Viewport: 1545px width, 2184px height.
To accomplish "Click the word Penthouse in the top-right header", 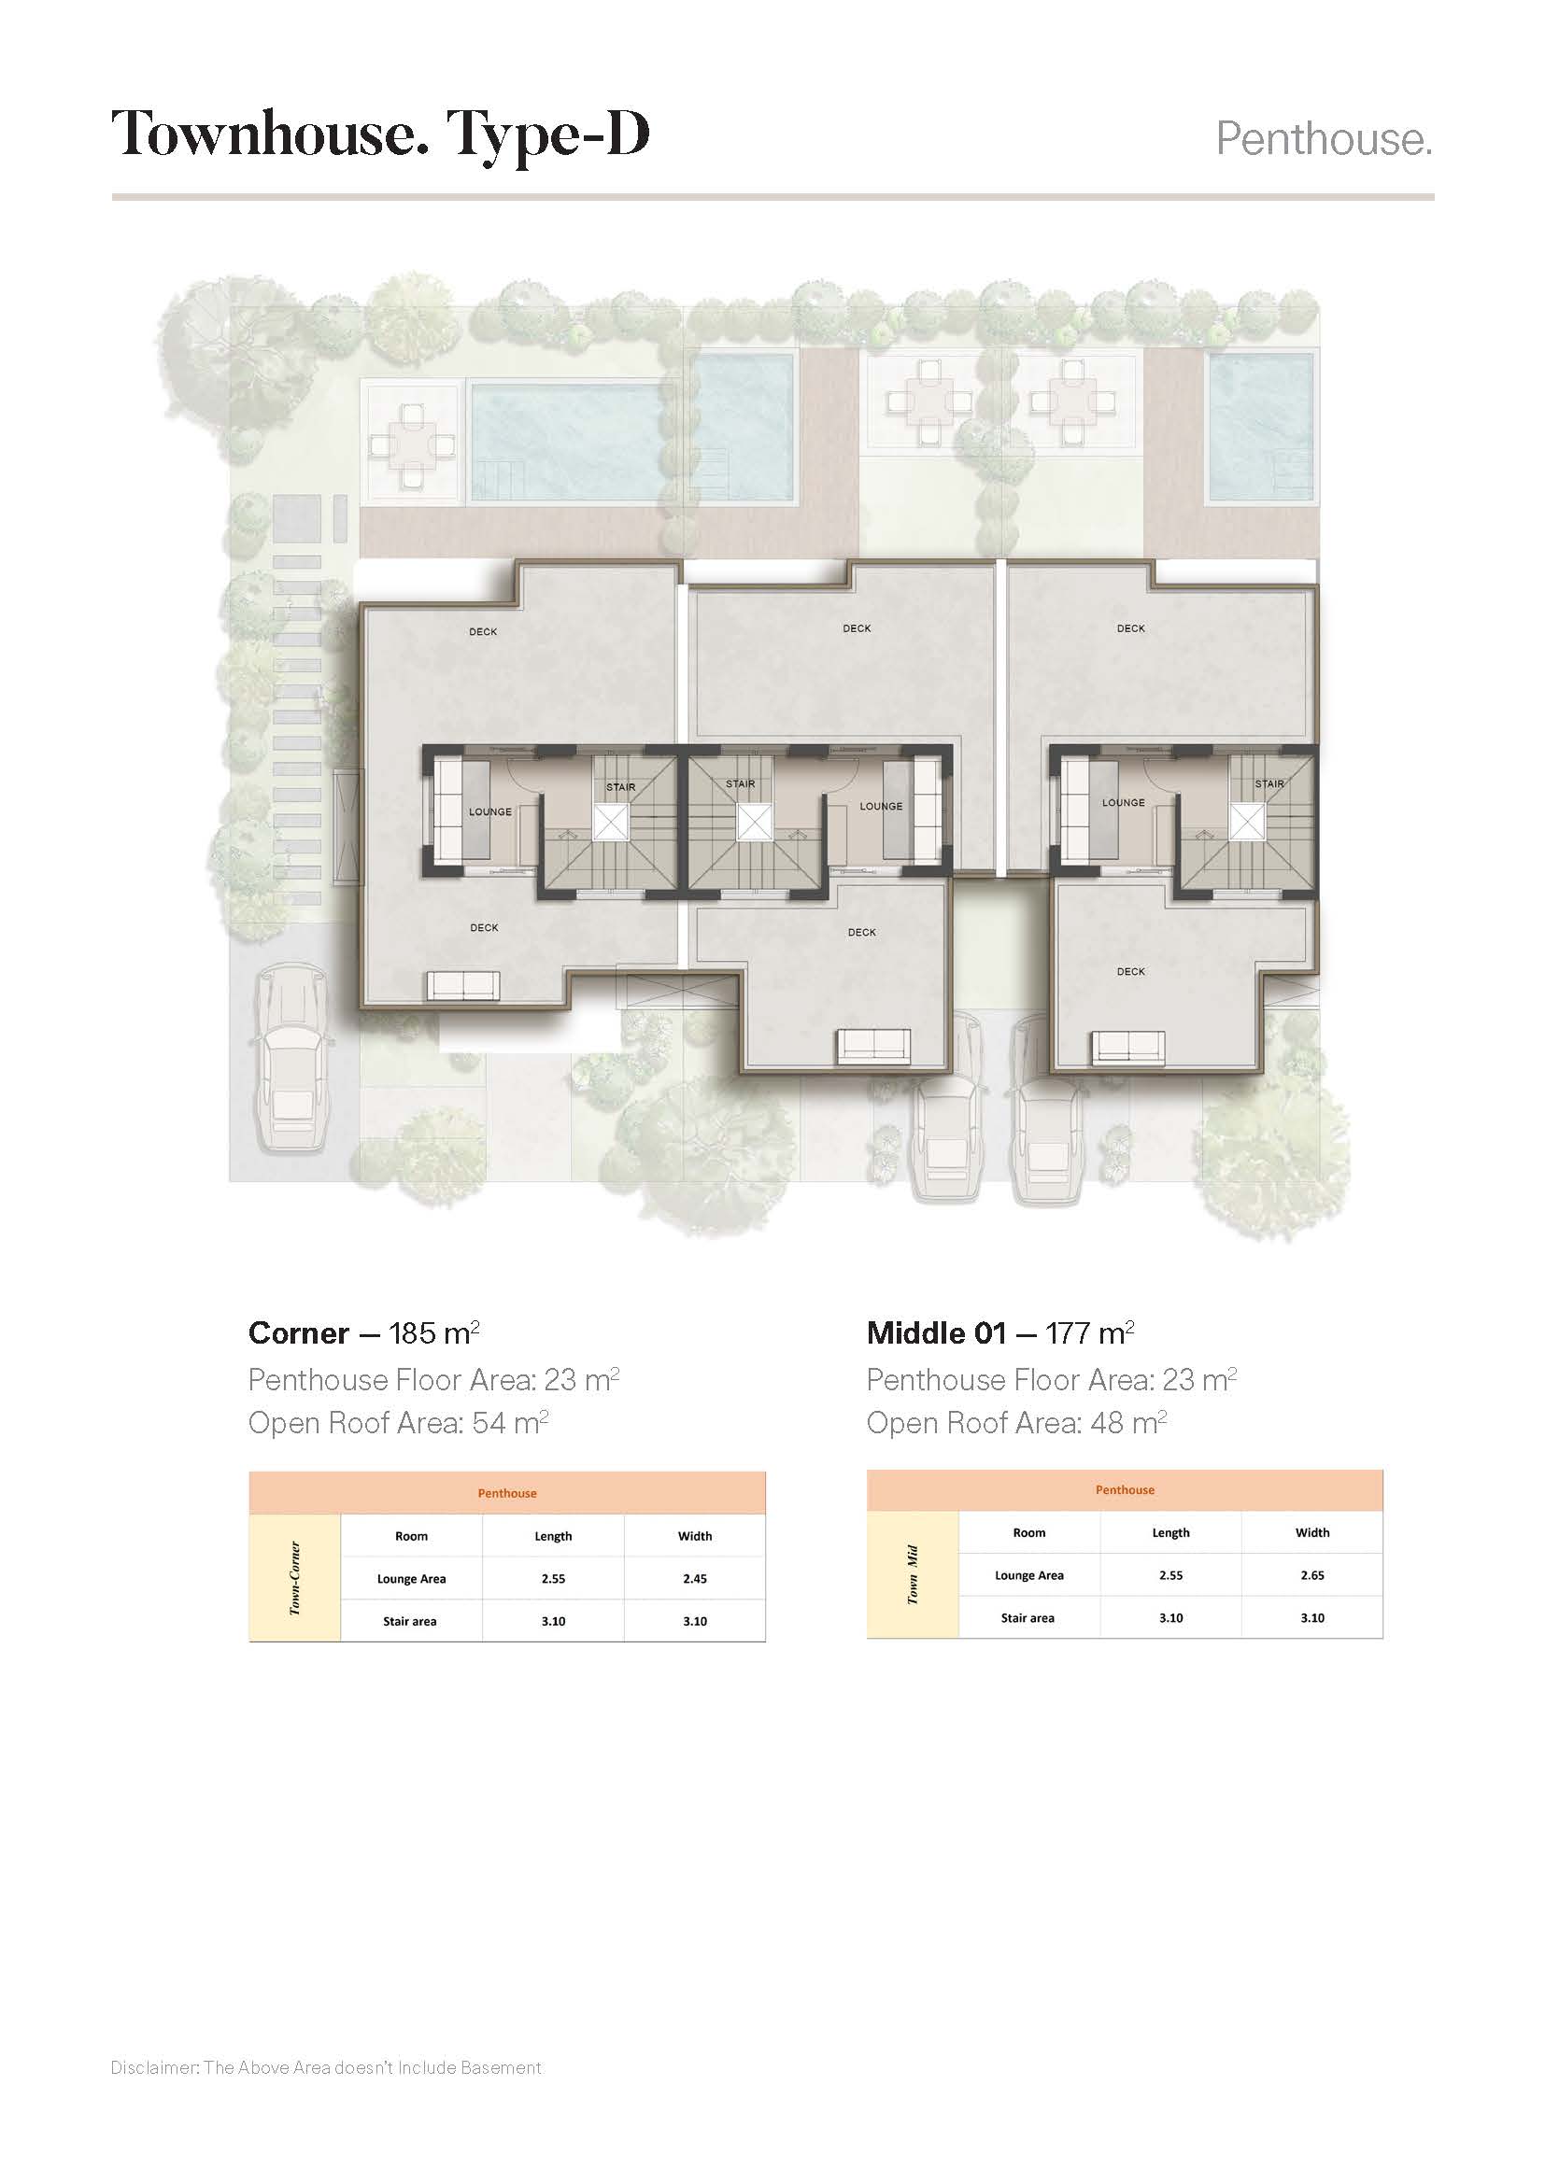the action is [x=1323, y=140].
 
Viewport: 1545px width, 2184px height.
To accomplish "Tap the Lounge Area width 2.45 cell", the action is [x=694, y=1578].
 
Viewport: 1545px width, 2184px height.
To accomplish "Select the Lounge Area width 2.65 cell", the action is [x=1311, y=1575].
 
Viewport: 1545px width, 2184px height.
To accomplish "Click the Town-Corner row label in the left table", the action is [x=295, y=1578].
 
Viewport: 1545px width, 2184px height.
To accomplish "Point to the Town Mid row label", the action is [x=913, y=1574].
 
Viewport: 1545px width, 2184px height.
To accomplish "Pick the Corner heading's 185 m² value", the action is [x=433, y=1332].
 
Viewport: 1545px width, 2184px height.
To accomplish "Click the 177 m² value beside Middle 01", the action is [x=1089, y=1332].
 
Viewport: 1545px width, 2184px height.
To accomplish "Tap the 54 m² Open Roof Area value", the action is [x=511, y=1423].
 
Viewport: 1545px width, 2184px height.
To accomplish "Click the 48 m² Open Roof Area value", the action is [x=1129, y=1423].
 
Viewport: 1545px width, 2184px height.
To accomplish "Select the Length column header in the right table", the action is [x=1170, y=1532].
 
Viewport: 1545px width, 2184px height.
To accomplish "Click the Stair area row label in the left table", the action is [x=410, y=1621].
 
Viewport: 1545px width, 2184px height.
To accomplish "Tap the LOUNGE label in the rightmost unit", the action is [x=1124, y=802].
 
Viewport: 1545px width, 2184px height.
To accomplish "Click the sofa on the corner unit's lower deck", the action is [x=462, y=985].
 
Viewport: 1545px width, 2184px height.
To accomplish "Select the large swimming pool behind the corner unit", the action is [x=568, y=443].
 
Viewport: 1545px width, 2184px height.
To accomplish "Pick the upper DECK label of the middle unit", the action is [x=857, y=627].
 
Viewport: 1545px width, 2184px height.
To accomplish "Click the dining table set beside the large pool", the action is [x=413, y=444].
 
